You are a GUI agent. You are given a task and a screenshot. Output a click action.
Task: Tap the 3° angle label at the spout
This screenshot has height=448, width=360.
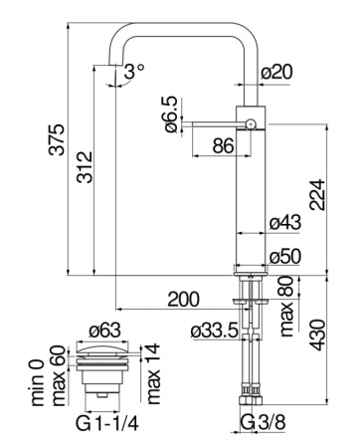pos(133,71)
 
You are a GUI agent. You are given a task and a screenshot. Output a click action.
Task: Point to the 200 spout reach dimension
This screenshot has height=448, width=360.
pos(182,300)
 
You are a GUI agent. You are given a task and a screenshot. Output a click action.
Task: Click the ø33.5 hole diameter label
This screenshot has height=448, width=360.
pos(215,332)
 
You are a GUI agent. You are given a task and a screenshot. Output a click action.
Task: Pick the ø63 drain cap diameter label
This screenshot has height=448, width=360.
pos(104,330)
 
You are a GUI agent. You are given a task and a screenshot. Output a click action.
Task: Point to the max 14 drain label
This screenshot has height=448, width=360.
pos(154,372)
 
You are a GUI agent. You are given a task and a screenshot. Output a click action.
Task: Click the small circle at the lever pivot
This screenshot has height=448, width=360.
pos(252,124)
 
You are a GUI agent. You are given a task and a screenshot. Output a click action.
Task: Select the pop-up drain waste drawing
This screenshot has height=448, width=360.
pos(104,373)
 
